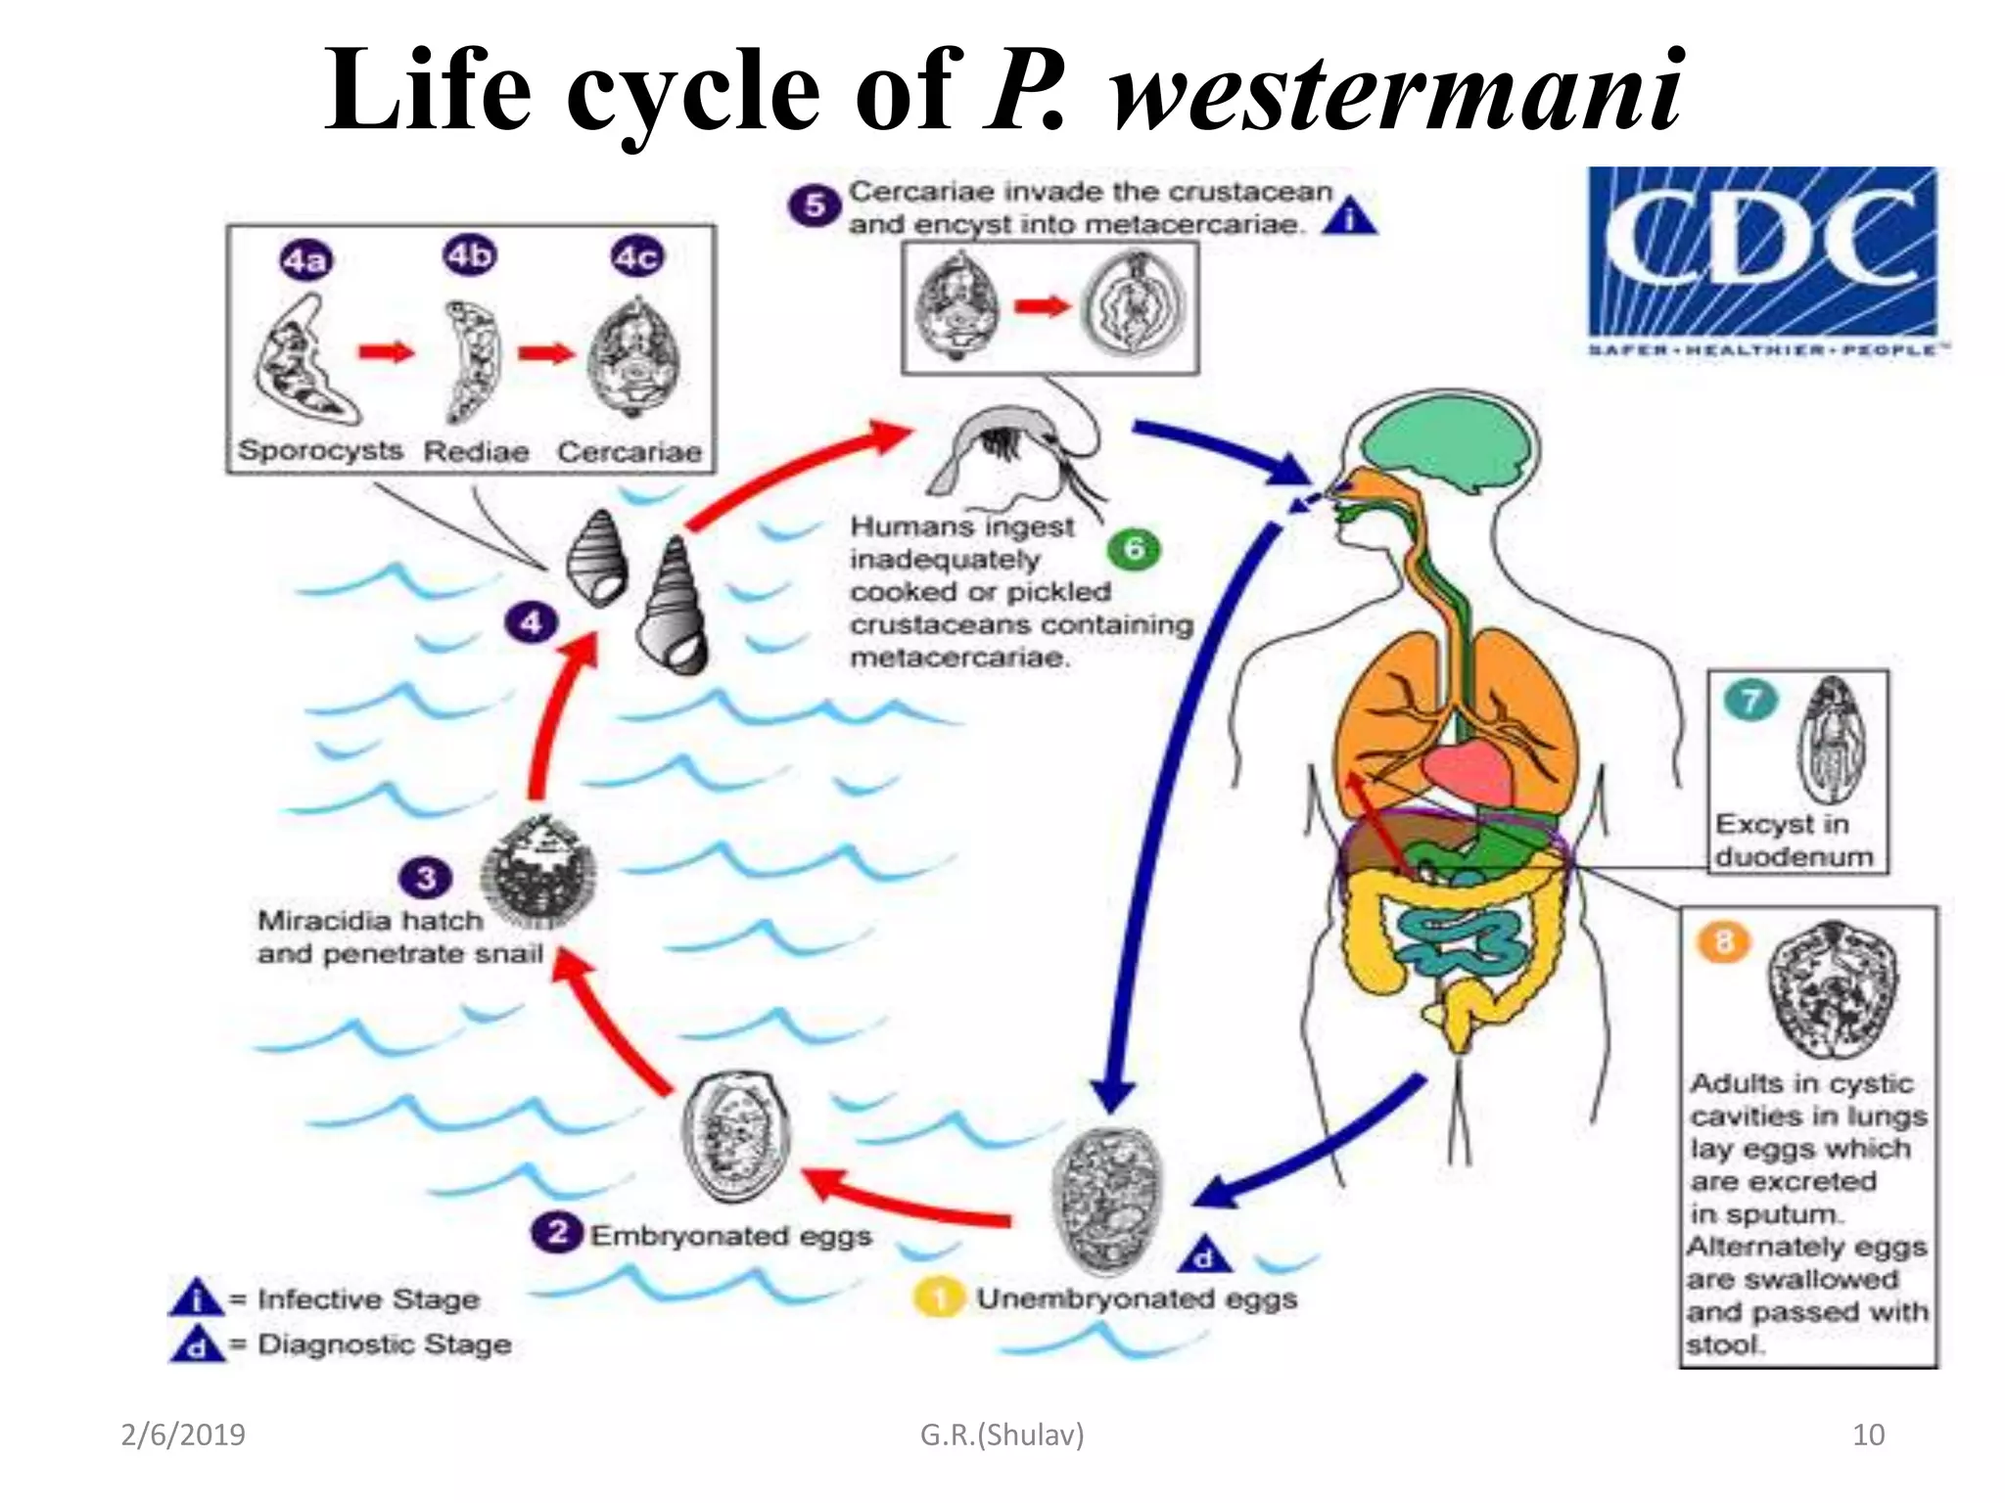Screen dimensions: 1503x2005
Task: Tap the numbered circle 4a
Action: click(x=305, y=261)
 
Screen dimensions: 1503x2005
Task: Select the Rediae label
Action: click(x=476, y=452)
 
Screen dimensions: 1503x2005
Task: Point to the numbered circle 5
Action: click(x=814, y=206)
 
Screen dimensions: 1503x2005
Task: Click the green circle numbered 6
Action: click(x=1134, y=549)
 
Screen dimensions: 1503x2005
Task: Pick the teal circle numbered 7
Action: click(x=1750, y=700)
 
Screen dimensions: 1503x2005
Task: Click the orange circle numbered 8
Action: click(x=1723, y=942)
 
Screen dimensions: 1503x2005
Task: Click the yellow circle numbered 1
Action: click(x=938, y=1298)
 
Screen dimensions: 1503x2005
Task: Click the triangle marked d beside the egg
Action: click(x=1205, y=1255)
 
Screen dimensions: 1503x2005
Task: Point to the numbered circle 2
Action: click(x=557, y=1232)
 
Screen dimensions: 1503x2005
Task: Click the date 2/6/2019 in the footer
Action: click(x=183, y=1435)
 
